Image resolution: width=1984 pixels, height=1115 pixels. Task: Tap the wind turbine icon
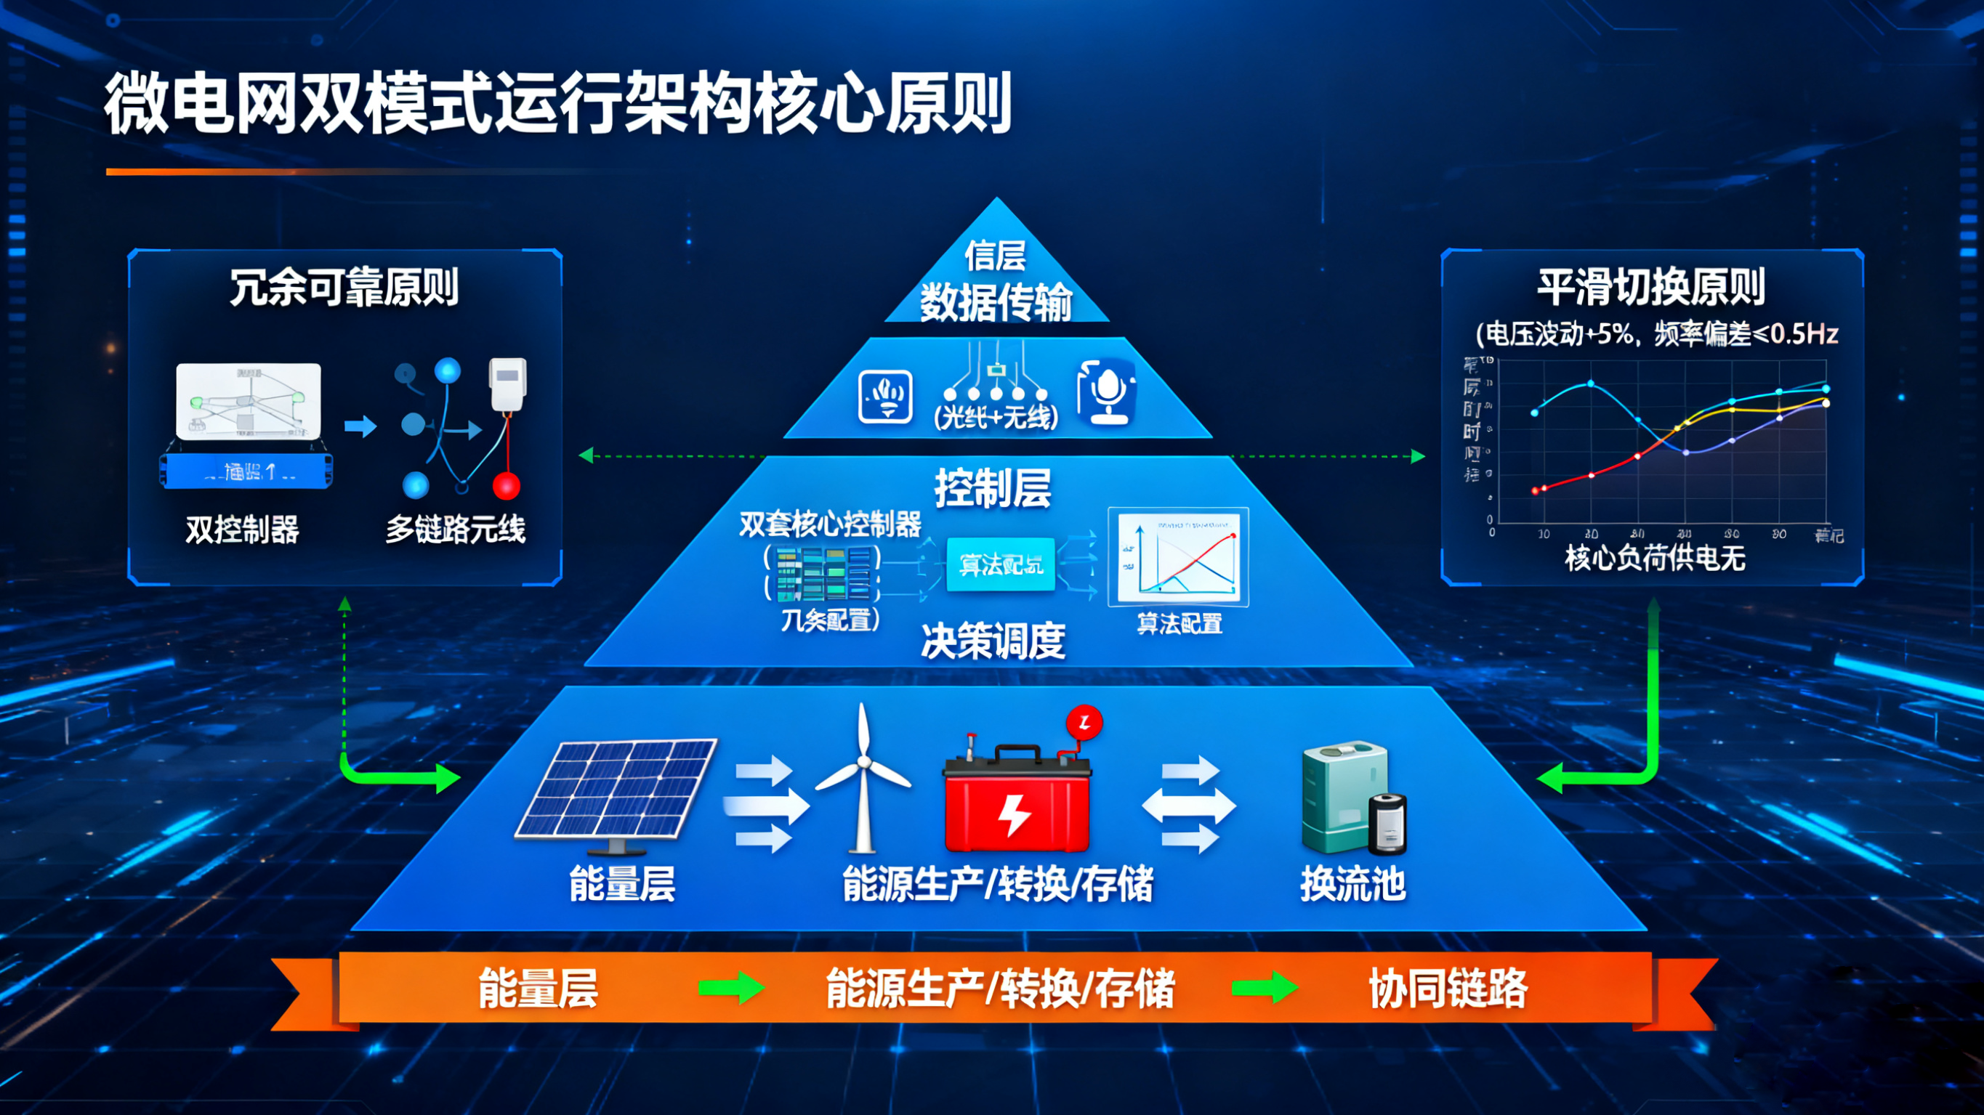[863, 778]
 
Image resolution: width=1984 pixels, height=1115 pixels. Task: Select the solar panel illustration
[616, 790]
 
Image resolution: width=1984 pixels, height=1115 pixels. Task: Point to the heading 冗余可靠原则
[344, 287]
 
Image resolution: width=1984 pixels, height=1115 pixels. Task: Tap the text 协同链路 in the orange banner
[1448, 989]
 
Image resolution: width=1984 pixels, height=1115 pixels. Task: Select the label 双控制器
[242, 530]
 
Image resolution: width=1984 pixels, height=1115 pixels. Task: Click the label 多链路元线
[455, 530]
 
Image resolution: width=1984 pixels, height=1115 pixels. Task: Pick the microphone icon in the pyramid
[1107, 393]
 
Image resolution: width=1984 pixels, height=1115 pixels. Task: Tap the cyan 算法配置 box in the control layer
[1001, 564]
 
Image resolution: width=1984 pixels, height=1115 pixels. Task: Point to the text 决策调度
[993, 641]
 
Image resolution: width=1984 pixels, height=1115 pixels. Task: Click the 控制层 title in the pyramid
[993, 488]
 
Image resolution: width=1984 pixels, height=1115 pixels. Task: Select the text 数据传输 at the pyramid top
[996, 302]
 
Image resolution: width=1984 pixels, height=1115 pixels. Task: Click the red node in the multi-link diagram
[506, 487]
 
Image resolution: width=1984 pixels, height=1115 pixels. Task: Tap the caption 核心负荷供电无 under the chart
[1654, 558]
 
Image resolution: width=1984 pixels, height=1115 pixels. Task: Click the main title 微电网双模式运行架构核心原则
[557, 104]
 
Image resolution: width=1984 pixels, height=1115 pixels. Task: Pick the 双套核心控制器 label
[830, 524]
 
